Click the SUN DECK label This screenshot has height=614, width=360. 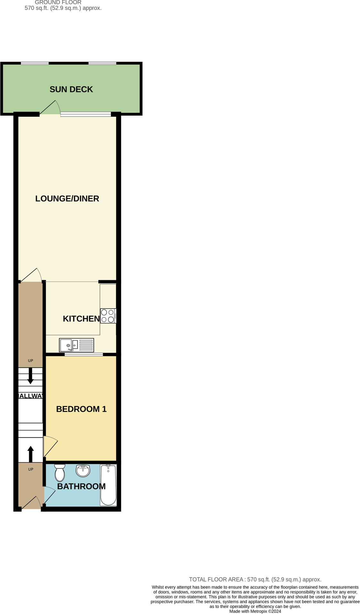click(x=71, y=89)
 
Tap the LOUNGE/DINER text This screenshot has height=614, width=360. click(x=67, y=199)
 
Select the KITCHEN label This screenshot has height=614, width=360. click(x=81, y=319)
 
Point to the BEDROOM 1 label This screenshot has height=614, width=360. click(x=81, y=409)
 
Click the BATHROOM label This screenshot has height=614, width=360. click(x=81, y=486)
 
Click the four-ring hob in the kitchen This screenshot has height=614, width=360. click(x=108, y=316)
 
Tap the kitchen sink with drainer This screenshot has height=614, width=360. click(x=76, y=345)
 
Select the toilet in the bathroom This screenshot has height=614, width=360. click(x=60, y=473)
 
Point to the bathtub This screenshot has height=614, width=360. click(x=108, y=485)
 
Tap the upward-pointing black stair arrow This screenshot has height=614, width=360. click(x=30, y=454)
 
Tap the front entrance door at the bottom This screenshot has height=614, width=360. click(x=31, y=503)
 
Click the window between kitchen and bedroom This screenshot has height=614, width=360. click(x=84, y=354)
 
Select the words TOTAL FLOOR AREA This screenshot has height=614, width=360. click(x=216, y=579)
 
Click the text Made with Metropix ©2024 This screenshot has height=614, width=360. click(x=255, y=611)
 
